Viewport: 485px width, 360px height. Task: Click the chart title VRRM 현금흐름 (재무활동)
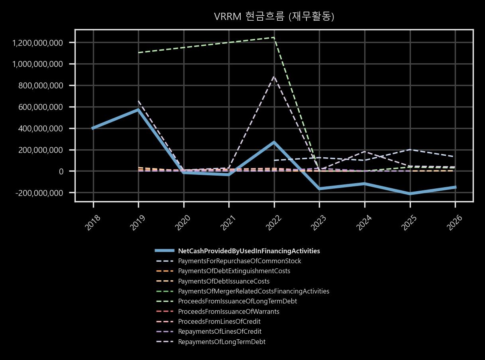[274, 17]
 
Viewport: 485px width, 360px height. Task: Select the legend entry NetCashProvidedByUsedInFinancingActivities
[249, 251]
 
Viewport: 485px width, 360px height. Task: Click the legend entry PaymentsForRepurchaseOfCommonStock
[240, 261]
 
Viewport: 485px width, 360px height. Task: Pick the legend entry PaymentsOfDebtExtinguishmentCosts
[234, 271]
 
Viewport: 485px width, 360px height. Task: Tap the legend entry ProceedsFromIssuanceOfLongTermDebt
[238, 301]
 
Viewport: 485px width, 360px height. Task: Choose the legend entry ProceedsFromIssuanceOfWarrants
[228, 311]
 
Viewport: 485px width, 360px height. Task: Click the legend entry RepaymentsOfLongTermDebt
[222, 342]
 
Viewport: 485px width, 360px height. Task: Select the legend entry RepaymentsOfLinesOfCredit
[220, 332]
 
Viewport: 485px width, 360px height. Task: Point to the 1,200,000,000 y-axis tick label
[37, 43]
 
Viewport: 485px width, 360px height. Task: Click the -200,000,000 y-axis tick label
[39, 193]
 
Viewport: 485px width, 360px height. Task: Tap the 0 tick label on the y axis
[61, 172]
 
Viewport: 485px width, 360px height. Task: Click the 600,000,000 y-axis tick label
[41, 107]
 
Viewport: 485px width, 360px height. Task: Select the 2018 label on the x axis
[93, 223]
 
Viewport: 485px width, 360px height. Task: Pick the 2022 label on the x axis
[274, 223]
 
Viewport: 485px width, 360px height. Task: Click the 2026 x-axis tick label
[455, 223]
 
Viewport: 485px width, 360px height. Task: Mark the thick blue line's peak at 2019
[138, 109]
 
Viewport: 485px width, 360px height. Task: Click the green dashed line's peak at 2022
[274, 37]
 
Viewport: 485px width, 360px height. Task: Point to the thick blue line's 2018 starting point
[93, 128]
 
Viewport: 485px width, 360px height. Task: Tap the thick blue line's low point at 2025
[410, 194]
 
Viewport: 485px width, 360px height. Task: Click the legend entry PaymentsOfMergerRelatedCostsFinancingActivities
[253, 291]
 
